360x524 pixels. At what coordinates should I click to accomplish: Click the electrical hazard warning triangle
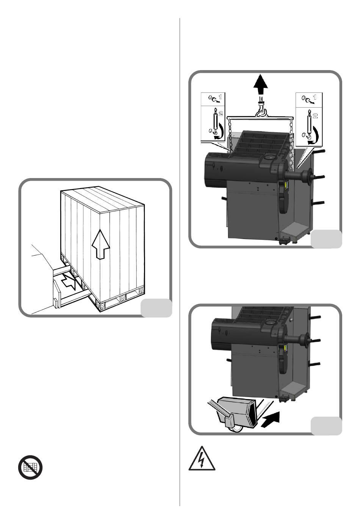202,460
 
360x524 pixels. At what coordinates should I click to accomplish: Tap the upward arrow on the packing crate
100,244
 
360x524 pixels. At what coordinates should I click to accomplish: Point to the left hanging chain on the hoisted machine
230,136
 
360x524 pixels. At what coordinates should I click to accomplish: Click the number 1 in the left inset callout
220,96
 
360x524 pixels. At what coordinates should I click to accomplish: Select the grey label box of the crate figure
156,308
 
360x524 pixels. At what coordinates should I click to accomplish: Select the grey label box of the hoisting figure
326,239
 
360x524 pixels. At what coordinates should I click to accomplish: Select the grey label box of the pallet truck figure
326,426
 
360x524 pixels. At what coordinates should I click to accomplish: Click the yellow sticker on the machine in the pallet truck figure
285,348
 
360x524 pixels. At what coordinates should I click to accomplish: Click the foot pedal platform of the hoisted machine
295,229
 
